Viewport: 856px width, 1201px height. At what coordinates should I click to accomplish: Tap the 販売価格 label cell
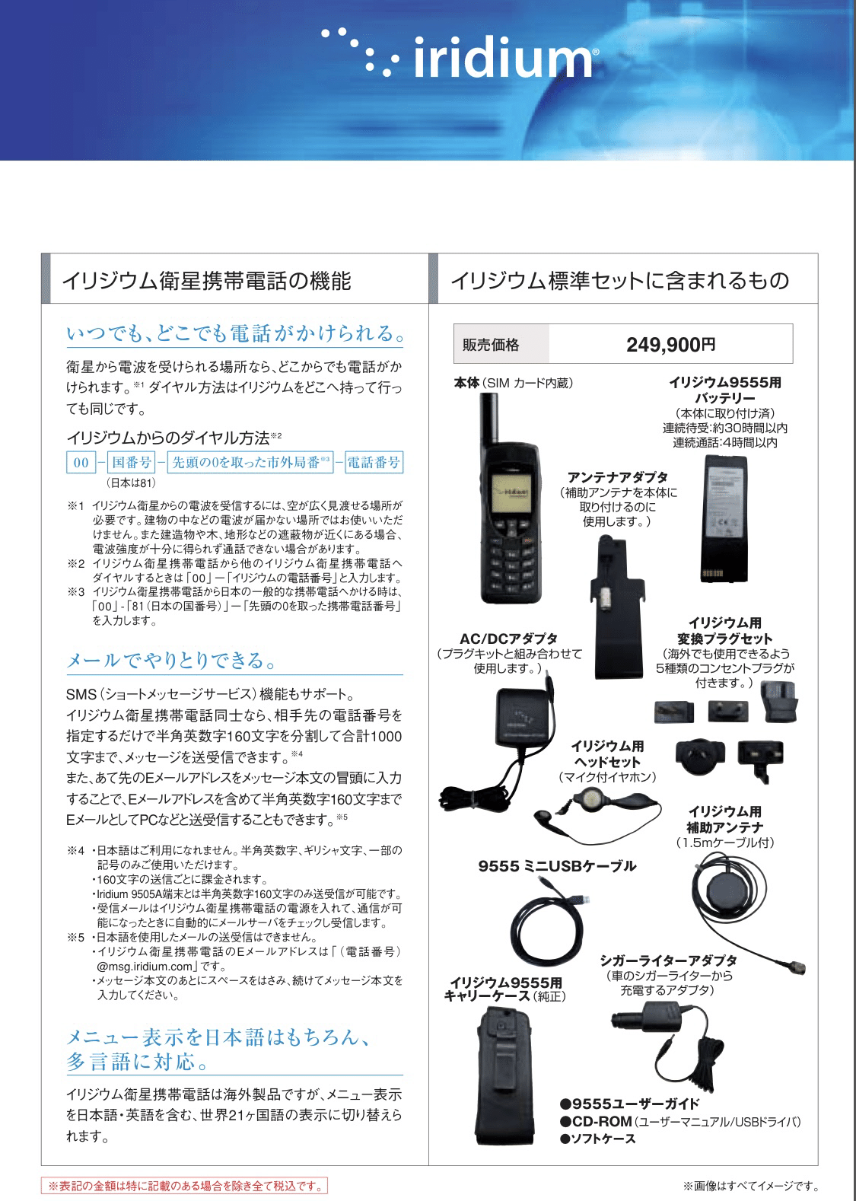pyautogui.click(x=491, y=345)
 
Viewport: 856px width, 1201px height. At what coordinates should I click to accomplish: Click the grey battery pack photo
pyautogui.click(x=738, y=518)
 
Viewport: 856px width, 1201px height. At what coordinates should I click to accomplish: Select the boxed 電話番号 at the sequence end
pyautogui.click(x=374, y=462)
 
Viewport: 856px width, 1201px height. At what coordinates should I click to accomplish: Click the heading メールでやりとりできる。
pyautogui.click(x=171, y=660)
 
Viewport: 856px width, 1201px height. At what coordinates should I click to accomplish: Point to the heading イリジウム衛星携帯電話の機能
pyautogui.click(x=206, y=281)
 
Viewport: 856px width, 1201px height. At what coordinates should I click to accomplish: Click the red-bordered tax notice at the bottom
pyautogui.click(x=185, y=1186)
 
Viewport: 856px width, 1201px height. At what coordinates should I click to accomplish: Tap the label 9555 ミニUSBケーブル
pyautogui.click(x=557, y=865)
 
